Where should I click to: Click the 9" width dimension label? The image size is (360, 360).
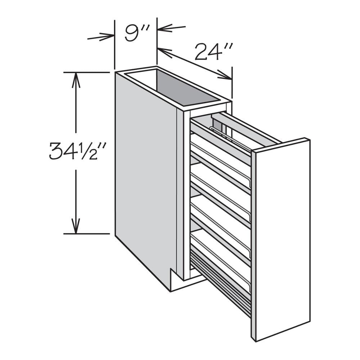137,33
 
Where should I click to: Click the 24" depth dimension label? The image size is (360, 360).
213,51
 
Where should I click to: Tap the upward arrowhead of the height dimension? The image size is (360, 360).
76,80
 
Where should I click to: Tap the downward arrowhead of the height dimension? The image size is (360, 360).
76,226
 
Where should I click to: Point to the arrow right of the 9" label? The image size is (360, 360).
171,28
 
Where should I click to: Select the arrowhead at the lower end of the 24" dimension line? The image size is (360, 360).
225,75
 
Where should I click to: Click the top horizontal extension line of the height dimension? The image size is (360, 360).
86,72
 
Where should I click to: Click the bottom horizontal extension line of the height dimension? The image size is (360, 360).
86,234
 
